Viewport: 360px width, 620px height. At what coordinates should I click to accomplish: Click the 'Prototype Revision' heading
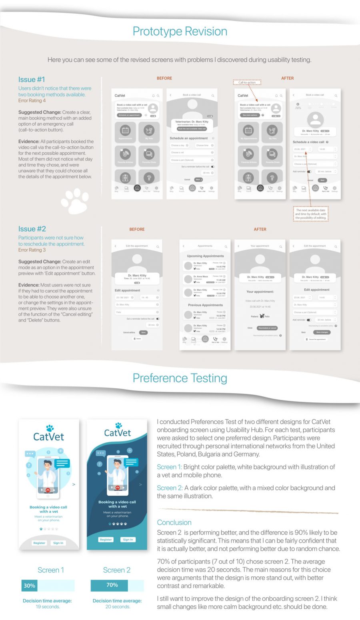click(x=180, y=32)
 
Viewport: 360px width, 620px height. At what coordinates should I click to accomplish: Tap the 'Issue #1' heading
click(x=32, y=79)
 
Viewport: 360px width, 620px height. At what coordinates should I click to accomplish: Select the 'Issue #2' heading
click(x=32, y=229)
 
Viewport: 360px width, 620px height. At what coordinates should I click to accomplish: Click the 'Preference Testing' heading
click(x=180, y=378)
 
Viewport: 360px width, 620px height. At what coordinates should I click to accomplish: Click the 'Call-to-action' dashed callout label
click(x=247, y=82)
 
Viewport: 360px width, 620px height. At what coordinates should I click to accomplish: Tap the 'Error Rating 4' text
click(x=32, y=101)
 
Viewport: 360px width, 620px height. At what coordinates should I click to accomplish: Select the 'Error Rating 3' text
click(x=32, y=250)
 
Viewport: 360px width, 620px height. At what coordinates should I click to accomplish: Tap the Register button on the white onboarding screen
click(x=39, y=543)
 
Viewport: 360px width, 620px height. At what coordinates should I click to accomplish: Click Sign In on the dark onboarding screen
click(x=128, y=540)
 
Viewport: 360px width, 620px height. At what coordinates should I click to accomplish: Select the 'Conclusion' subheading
click(x=174, y=522)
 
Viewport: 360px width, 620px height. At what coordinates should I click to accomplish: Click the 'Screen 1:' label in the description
click(x=169, y=467)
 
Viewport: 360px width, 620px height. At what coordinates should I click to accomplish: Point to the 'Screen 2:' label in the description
click(x=170, y=488)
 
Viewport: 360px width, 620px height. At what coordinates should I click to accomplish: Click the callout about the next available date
click(x=311, y=214)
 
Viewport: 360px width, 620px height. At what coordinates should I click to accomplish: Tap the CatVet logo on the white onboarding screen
click(x=48, y=434)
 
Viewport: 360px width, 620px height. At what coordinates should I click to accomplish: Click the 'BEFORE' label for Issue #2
click(x=137, y=229)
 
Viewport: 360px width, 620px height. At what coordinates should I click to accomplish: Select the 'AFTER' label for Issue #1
click(x=287, y=78)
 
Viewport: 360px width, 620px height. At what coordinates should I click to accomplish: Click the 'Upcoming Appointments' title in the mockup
click(x=205, y=256)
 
